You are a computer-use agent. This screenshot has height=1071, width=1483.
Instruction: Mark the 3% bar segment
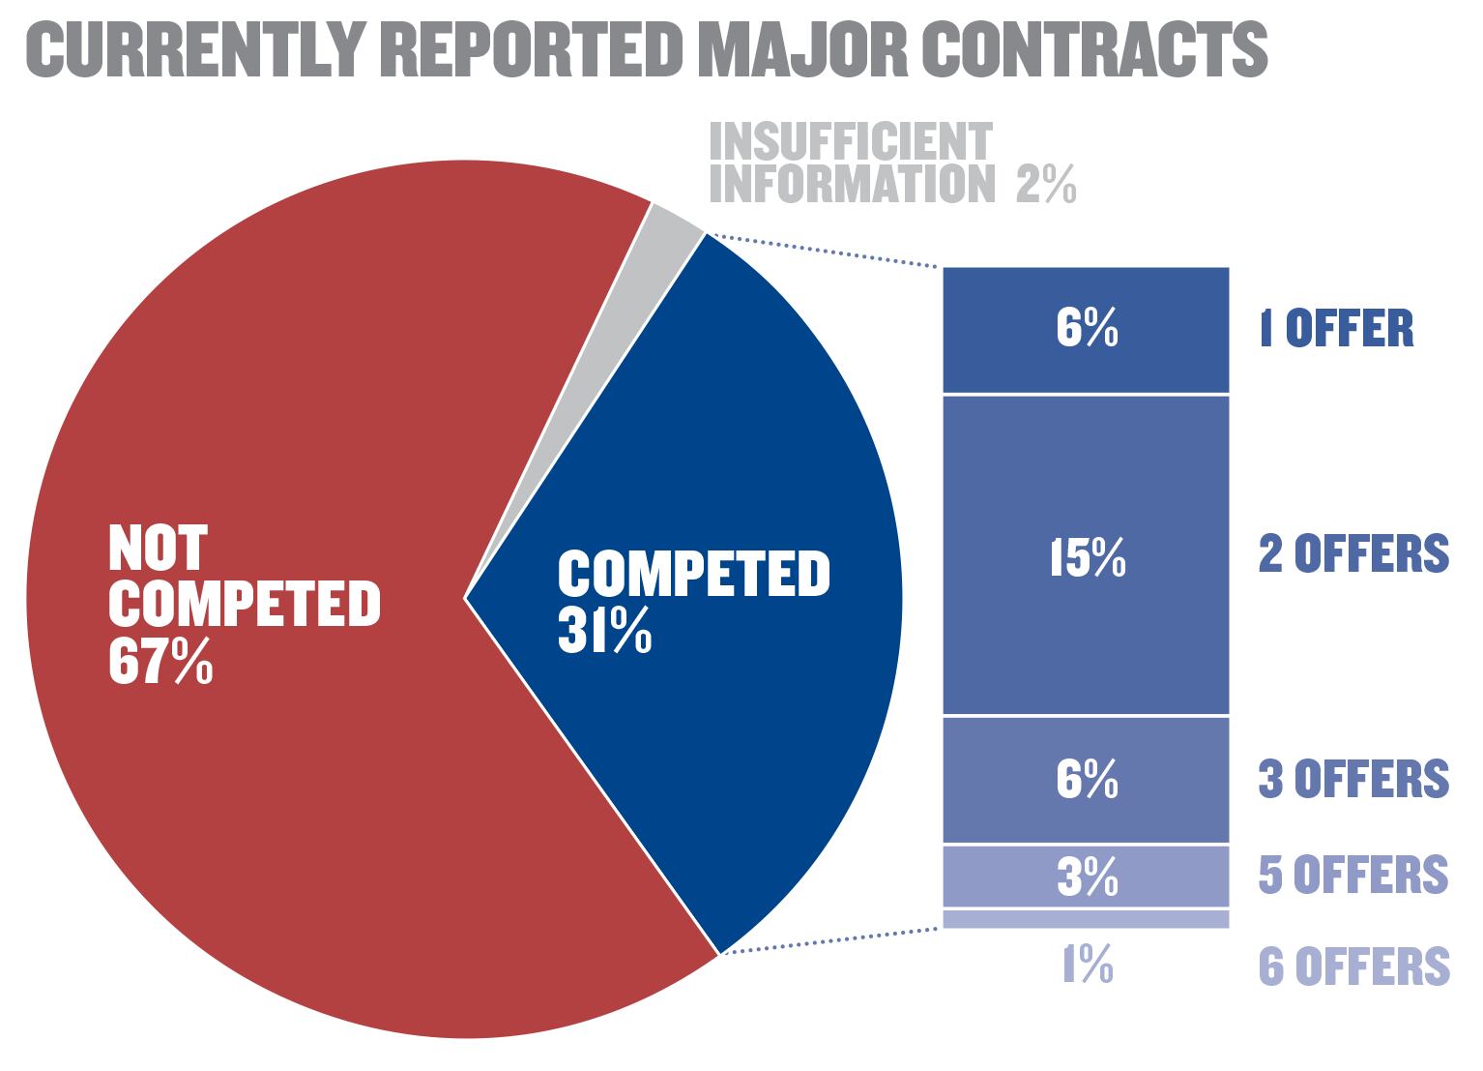pos(1086,876)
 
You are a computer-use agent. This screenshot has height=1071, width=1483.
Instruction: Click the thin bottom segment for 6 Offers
pos(1086,919)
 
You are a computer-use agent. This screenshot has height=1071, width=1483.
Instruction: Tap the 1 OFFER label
pos(1335,329)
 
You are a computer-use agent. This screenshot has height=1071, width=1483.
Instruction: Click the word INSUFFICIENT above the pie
pos(851,143)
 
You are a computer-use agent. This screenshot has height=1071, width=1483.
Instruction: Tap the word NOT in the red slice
pos(157,548)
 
